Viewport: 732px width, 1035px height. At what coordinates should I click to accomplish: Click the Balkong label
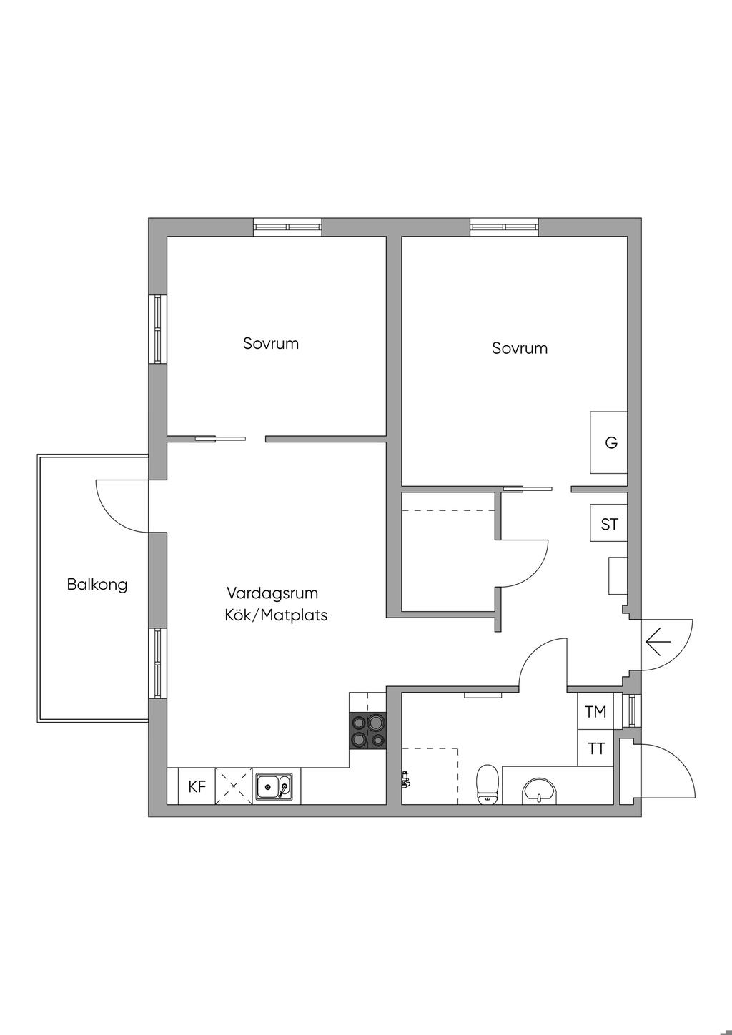point(97,585)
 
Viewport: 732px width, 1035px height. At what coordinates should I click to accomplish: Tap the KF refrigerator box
point(197,787)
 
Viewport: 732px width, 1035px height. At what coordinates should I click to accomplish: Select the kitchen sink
point(274,787)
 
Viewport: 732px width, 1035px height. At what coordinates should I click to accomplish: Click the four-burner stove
point(367,731)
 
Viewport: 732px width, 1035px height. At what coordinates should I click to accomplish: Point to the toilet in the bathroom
point(488,784)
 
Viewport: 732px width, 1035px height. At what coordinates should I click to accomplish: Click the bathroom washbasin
point(540,790)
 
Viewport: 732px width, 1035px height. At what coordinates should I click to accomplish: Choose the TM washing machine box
point(595,712)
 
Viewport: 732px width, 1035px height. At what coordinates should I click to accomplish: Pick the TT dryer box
point(596,749)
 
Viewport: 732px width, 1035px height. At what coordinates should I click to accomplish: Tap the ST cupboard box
point(609,525)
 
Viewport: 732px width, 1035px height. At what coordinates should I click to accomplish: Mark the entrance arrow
point(658,643)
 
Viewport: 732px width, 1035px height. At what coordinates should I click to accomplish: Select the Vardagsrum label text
point(272,593)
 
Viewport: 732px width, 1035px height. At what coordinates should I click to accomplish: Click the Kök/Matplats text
point(276,615)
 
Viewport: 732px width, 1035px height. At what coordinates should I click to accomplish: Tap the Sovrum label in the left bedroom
point(271,343)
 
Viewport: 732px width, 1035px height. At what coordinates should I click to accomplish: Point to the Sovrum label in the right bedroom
point(520,348)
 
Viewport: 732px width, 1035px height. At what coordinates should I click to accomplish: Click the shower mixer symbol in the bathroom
point(405,779)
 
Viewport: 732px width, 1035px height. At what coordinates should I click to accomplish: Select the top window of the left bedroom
point(288,227)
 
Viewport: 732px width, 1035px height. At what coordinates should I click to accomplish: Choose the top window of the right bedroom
point(505,227)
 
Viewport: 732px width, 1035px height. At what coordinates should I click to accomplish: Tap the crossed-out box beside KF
point(234,787)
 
